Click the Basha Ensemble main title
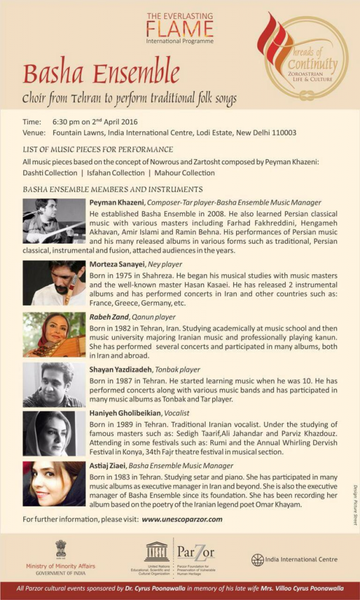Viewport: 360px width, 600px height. click(x=101, y=74)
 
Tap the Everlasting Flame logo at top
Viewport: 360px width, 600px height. click(x=179, y=28)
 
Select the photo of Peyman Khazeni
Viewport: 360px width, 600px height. click(x=54, y=220)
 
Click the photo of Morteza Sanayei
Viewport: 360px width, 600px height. click(x=54, y=283)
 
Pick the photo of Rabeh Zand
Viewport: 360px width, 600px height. click(x=54, y=335)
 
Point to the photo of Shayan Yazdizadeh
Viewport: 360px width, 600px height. click(x=54, y=384)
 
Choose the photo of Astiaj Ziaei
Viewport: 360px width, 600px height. click(x=54, y=484)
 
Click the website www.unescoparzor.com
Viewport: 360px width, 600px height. click(x=182, y=519)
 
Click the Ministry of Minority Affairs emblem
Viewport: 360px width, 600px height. click(x=61, y=549)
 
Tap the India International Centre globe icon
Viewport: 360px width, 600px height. click(x=257, y=560)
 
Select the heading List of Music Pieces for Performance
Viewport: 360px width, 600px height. click(x=98, y=149)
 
